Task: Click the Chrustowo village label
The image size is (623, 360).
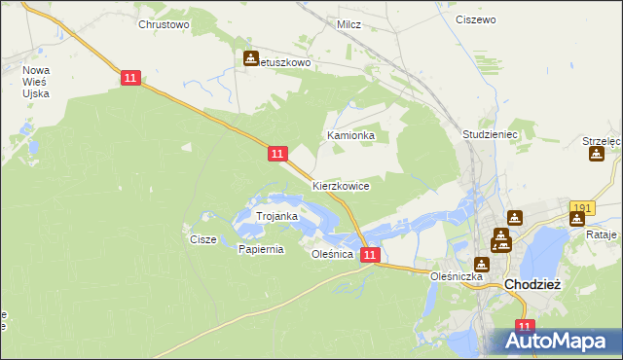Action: (164, 24)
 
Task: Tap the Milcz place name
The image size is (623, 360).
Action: (348, 24)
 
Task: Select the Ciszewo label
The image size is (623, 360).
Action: (476, 19)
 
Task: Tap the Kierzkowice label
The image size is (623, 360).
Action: (341, 185)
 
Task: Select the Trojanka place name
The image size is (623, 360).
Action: (275, 216)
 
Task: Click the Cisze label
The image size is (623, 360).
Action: (202, 238)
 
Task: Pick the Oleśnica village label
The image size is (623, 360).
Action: (331, 254)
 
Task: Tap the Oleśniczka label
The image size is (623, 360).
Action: (458, 276)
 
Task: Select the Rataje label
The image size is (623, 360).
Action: (602, 234)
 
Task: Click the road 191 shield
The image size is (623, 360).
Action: (582, 208)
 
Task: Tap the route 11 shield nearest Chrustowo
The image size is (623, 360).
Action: (132, 78)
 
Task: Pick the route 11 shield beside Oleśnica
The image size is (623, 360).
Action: (369, 254)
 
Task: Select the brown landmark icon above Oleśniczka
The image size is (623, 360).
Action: (481, 263)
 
